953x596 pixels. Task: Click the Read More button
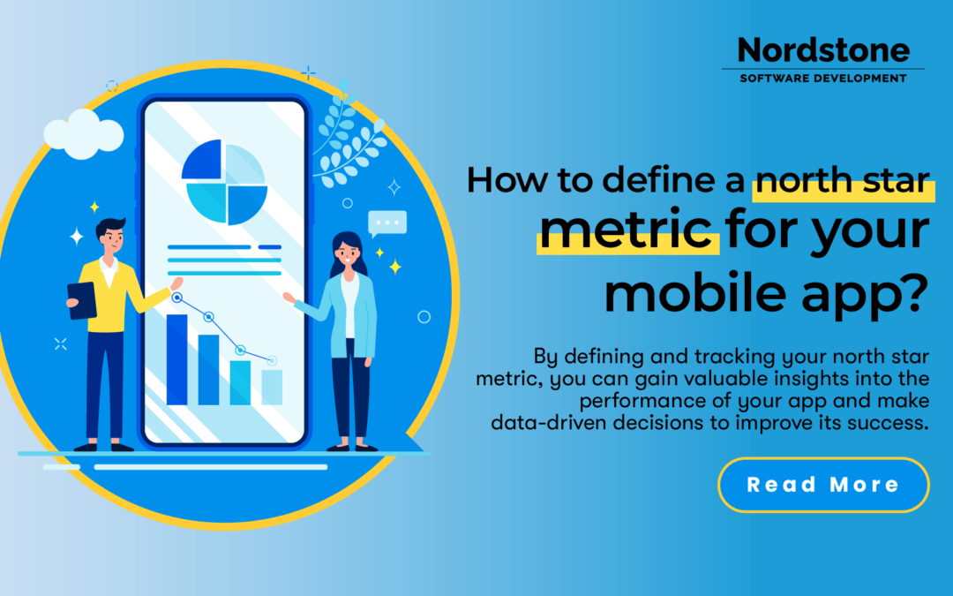tap(822, 485)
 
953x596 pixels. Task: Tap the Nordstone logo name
tap(822, 50)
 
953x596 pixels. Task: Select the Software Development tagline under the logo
tap(822, 79)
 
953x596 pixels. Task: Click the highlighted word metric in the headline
tap(626, 230)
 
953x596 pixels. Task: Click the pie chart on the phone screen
tap(224, 182)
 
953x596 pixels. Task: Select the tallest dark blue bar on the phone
tap(176, 358)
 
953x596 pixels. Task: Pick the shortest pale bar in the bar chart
tap(272, 387)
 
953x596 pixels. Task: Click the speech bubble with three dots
tap(387, 223)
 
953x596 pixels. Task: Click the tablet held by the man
tap(82, 300)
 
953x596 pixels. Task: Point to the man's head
tap(112, 233)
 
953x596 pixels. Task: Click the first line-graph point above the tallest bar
tap(177, 298)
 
